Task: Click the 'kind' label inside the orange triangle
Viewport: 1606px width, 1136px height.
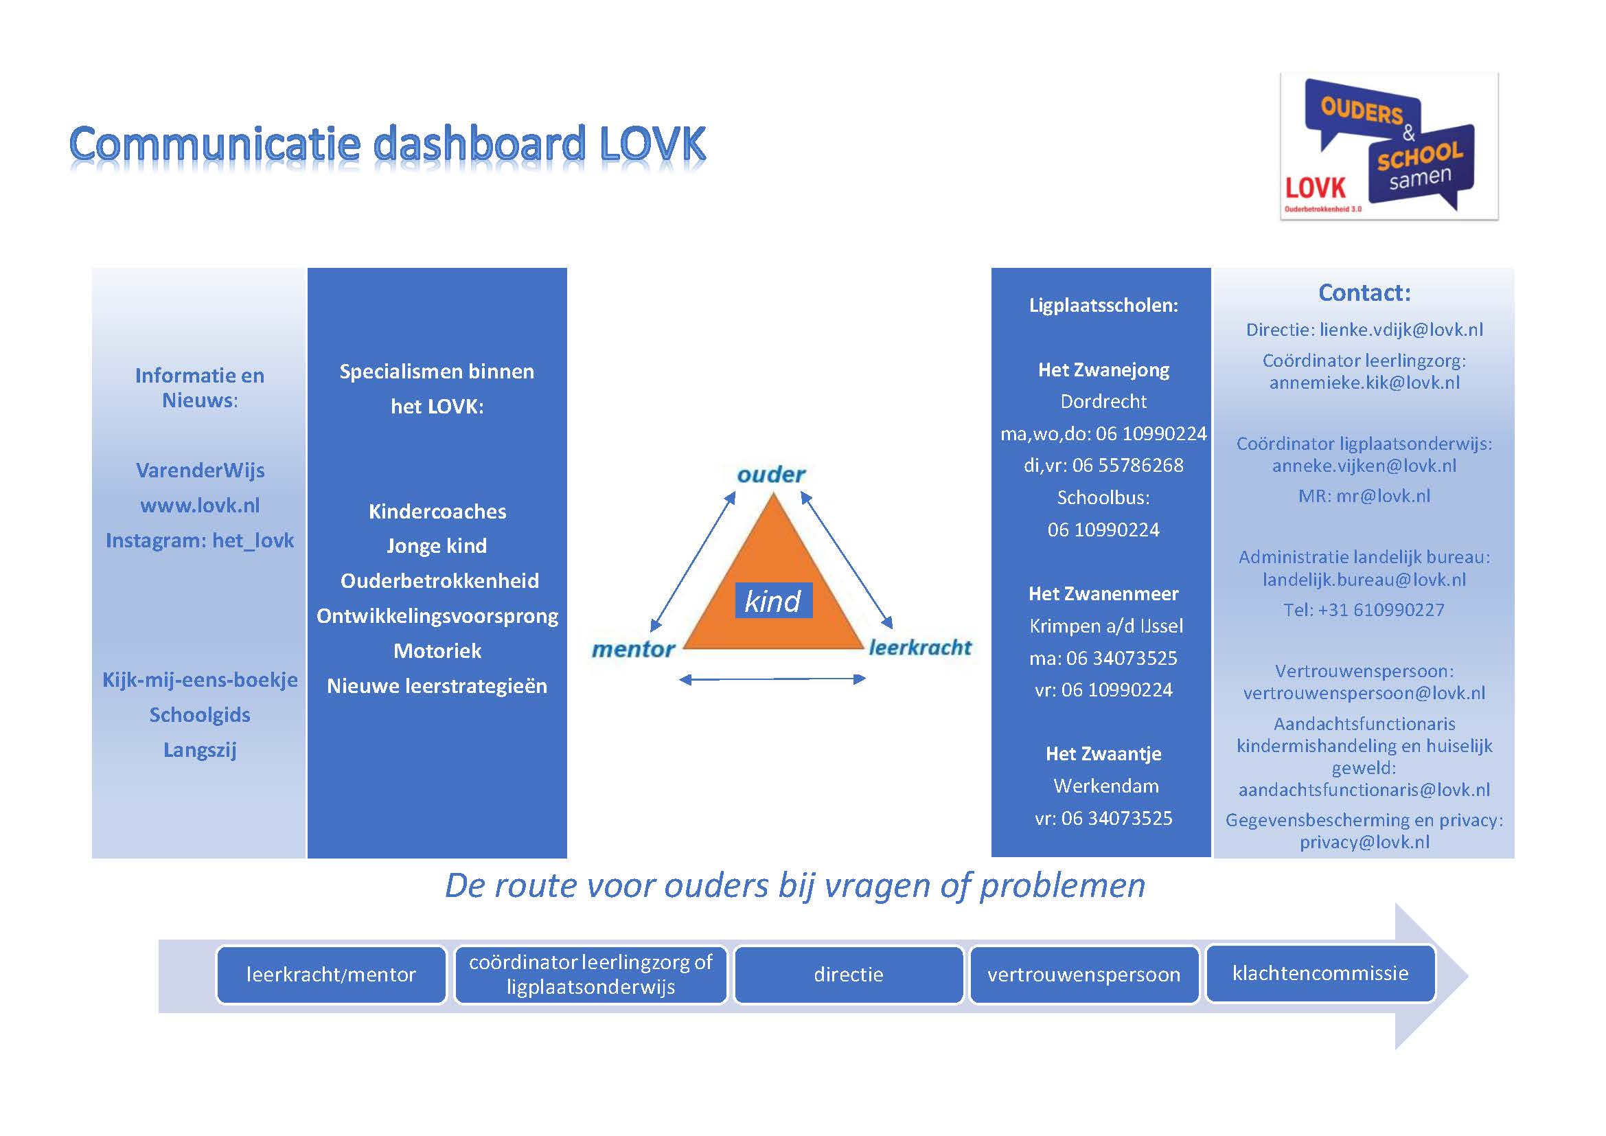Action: point(773,601)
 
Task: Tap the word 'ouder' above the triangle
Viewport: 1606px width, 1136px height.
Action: point(771,475)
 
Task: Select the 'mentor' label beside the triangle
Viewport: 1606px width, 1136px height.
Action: point(633,649)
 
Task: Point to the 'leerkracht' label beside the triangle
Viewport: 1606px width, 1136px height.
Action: point(920,648)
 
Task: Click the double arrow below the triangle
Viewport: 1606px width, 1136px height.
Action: point(772,679)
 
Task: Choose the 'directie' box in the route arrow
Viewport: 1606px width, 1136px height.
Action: point(849,975)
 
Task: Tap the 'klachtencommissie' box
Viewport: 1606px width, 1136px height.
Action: point(1320,973)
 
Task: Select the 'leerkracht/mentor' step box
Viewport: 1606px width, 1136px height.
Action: point(331,975)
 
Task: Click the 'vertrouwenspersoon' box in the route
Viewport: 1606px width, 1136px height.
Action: point(1084,975)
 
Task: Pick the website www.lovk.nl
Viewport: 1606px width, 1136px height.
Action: point(200,505)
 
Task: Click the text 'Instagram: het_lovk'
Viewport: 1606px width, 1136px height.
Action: point(200,540)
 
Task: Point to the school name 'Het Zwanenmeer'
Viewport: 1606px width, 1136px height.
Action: point(1104,594)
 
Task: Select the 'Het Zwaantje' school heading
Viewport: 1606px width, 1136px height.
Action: point(1104,753)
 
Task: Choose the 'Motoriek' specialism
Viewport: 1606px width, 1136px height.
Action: point(437,651)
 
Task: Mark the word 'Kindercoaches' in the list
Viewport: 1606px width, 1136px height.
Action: point(437,512)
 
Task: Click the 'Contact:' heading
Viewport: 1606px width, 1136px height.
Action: point(1365,293)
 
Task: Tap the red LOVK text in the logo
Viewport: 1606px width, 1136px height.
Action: point(1315,188)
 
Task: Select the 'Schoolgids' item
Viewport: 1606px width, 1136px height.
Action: point(200,715)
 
